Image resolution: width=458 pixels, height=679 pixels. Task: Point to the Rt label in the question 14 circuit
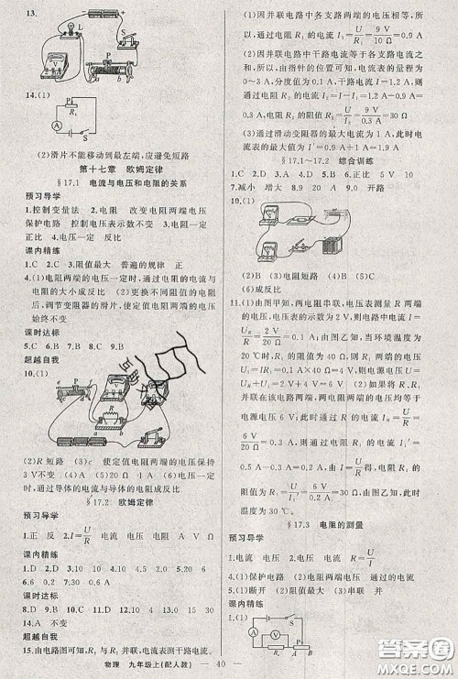(x=70, y=104)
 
